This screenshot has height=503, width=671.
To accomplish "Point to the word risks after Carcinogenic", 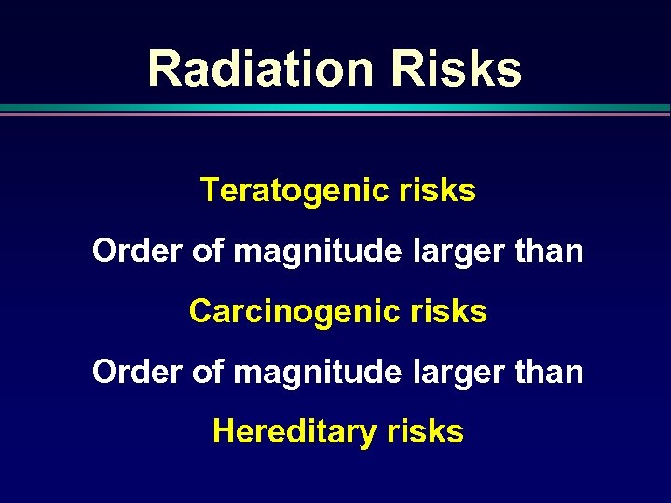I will (447, 311).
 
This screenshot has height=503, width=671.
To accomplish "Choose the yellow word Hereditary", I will (294, 432).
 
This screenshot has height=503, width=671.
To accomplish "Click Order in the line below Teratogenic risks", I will (130, 251).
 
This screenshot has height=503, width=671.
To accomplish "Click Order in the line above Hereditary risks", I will (130, 372).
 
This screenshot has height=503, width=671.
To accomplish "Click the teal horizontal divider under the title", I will (335, 109).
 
